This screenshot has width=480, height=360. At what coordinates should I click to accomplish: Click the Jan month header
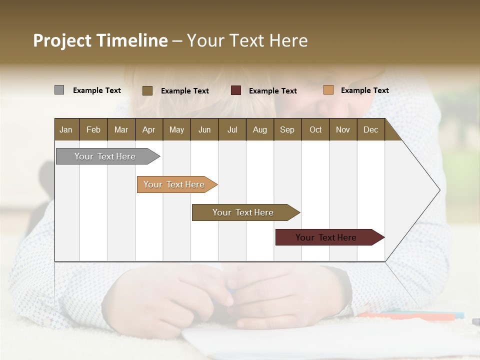pyautogui.click(x=66, y=129)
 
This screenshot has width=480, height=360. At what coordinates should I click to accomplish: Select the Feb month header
pyautogui.click(x=93, y=129)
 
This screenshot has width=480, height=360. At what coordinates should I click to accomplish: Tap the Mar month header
pyautogui.click(x=121, y=129)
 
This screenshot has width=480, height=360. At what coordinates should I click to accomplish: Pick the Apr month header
pyautogui.click(x=148, y=129)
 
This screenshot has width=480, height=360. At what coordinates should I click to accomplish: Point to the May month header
pyautogui.click(x=176, y=129)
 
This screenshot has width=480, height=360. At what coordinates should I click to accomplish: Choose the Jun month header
pyautogui.click(x=204, y=129)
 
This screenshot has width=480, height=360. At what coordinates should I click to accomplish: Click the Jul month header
pyautogui.click(x=232, y=129)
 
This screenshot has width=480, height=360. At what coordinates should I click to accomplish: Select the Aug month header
pyautogui.click(x=259, y=129)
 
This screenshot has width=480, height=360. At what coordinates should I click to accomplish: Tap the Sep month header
pyautogui.click(x=287, y=129)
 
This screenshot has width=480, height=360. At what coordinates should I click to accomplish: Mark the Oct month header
pyautogui.click(x=315, y=129)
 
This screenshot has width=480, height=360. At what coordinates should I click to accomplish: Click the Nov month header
pyautogui.click(x=342, y=129)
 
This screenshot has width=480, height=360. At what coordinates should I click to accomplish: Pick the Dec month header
pyautogui.click(x=370, y=129)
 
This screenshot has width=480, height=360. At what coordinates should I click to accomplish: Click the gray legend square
pyautogui.click(x=59, y=90)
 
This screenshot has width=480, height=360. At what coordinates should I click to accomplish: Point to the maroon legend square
pyautogui.click(x=236, y=90)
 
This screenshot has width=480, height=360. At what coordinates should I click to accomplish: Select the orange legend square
pyautogui.click(x=328, y=90)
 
